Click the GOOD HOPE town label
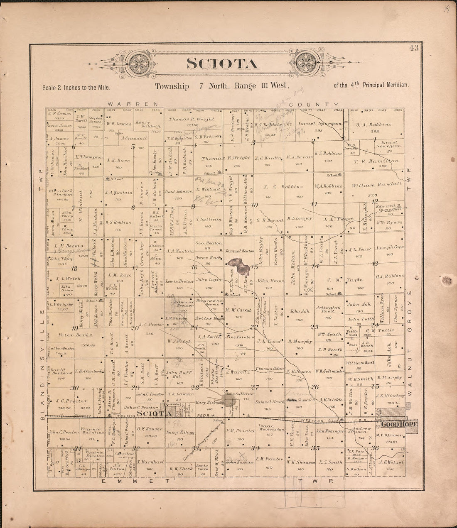click(x=399, y=424)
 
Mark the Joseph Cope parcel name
click(x=389, y=248)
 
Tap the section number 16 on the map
click(x=194, y=268)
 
